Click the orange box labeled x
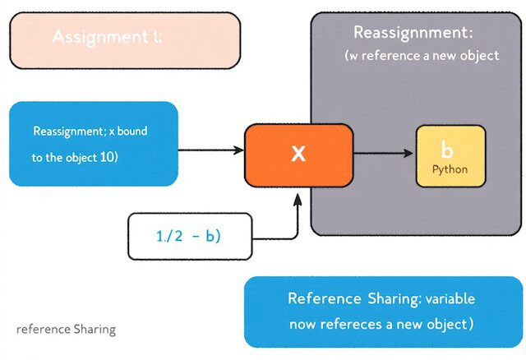point(298,153)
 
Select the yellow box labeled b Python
point(450,157)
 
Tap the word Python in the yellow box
point(450,168)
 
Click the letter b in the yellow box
point(447,150)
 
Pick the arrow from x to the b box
point(382,153)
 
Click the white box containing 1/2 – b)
point(189,236)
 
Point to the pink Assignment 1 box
point(124,39)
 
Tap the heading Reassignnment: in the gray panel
point(413,33)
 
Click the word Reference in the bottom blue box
point(325,298)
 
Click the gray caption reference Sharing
point(66,330)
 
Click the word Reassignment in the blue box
point(67,132)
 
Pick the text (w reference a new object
point(422,57)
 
